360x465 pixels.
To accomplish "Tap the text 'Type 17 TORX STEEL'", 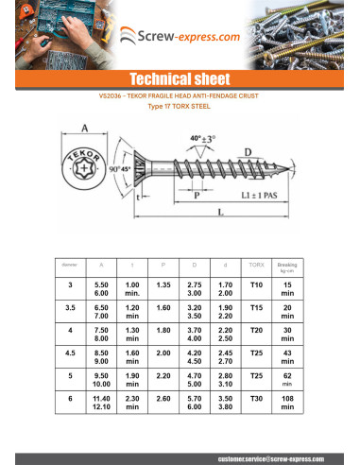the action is [180, 107].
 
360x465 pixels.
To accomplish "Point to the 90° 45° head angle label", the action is [117, 169].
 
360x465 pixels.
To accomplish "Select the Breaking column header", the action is [287, 265].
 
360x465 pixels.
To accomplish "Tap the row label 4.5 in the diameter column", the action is [69, 354].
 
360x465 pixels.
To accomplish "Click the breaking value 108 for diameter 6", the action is [287, 403].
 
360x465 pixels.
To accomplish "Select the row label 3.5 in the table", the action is [69, 308].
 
